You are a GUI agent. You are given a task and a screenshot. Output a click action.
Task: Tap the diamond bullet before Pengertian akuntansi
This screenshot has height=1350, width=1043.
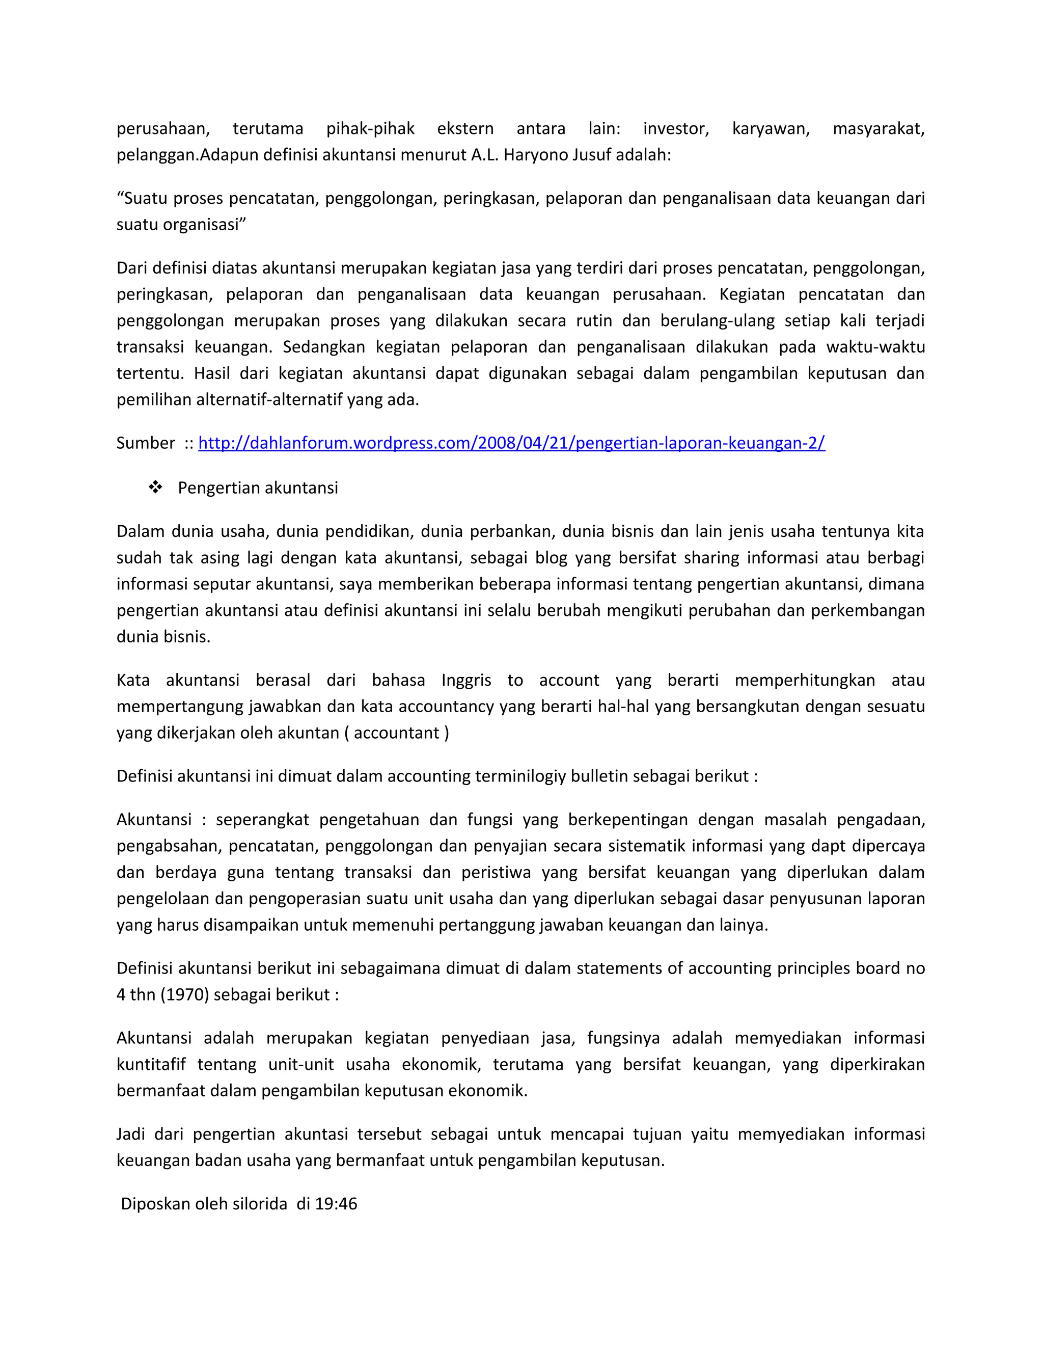click(x=155, y=488)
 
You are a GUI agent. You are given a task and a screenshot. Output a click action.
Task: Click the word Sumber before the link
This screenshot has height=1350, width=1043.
click(x=146, y=443)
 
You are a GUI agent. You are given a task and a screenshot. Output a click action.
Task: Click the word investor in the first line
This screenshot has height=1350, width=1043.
click(x=675, y=128)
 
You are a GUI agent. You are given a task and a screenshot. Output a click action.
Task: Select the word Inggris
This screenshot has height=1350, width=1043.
click(x=466, y=681)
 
